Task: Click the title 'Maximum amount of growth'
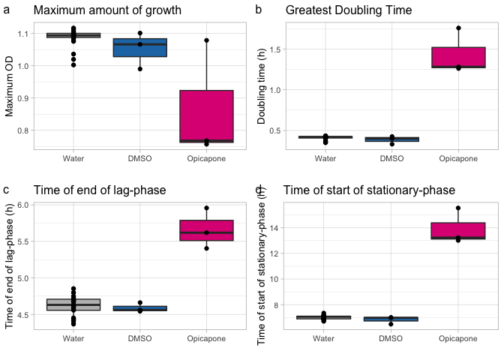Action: point(107,11)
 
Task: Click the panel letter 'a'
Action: point(7,10)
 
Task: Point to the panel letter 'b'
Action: point(259,10)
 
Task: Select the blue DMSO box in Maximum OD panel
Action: point(139,47)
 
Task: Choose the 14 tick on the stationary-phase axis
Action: point(274,228)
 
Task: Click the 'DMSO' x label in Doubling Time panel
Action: point(391,159)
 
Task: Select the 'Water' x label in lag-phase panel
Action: point(73,339)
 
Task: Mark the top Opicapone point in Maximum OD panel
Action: point(205,40)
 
